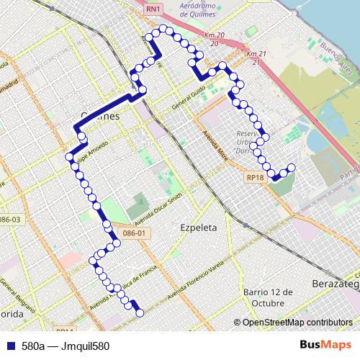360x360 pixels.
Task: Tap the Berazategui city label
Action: tap(336, 285)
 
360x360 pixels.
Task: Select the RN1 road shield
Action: tap(153, 9)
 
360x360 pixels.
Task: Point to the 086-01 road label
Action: tap(135, 233)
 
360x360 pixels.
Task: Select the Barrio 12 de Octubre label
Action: tap(268, 297)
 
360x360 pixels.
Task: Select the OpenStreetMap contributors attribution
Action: tap(297, 323)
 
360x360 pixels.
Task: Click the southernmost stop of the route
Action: tap(140, 312)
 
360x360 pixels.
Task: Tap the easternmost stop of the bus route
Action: tap(292, 168)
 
